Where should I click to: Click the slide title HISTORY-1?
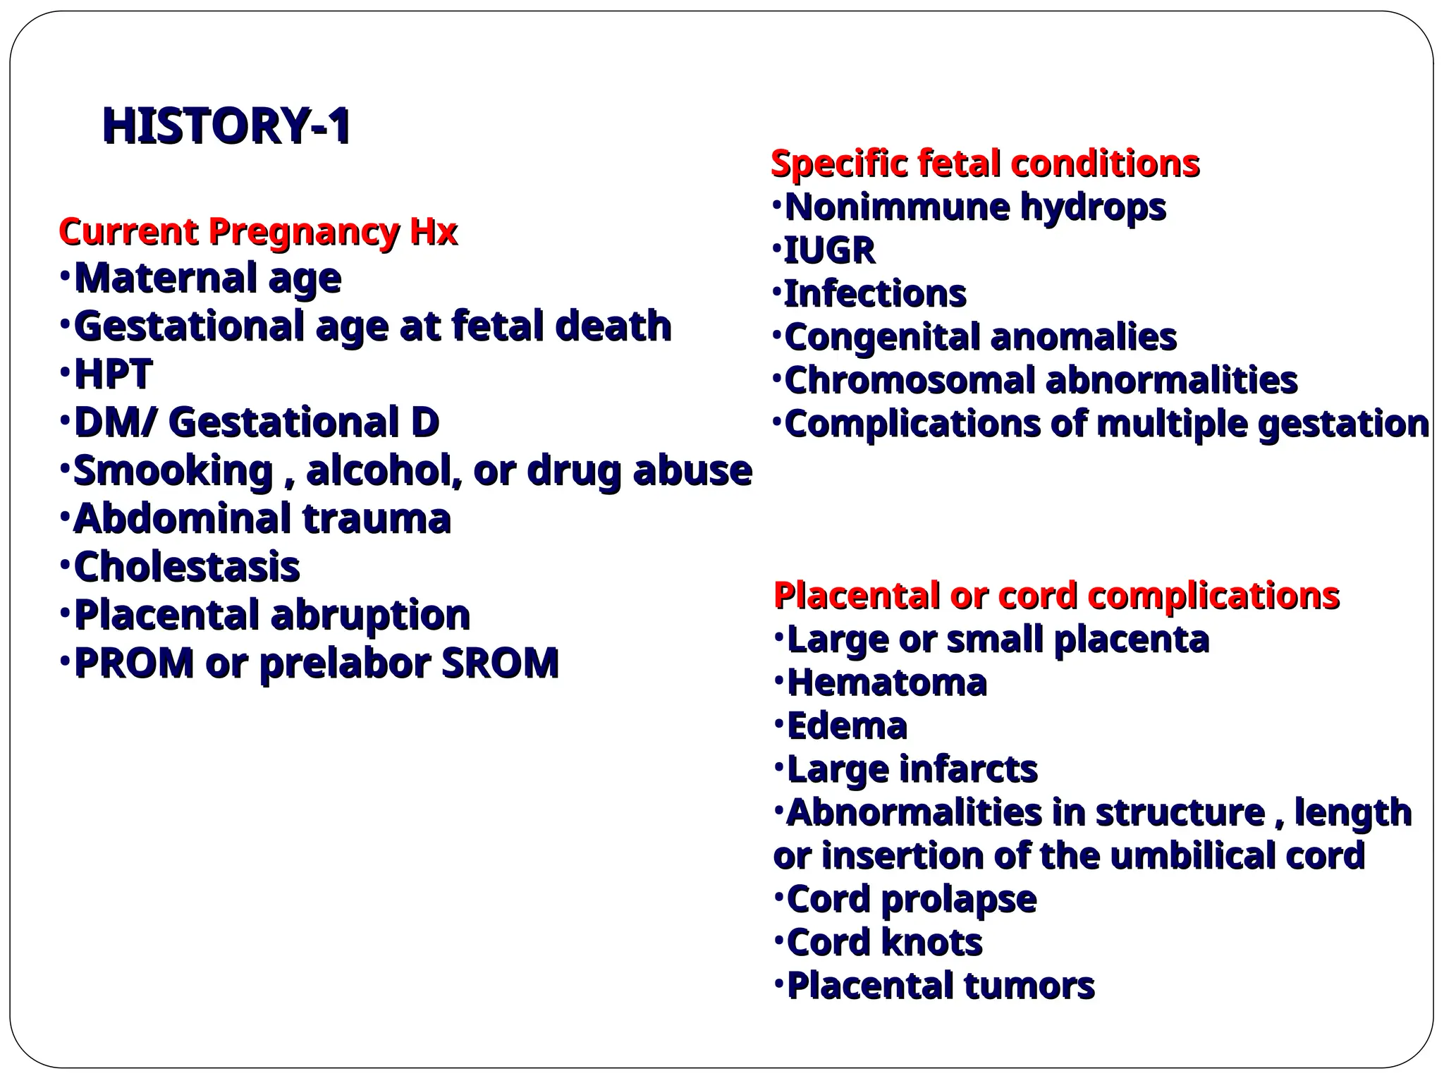point(226,126)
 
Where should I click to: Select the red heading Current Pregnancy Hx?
point(258,231)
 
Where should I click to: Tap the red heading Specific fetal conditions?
point(985,164)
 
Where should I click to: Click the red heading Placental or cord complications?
point(1056,595)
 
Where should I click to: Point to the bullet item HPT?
point(113,374)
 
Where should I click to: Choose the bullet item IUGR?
point(829,250)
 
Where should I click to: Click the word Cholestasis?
point(187,566)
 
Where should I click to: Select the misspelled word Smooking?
point(173,470)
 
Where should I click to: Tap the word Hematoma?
point(886,683)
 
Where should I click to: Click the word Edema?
point(847,726)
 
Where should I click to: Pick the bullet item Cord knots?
point(884,942)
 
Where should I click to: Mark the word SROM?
point(500,663)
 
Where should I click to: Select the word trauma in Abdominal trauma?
point(377,518)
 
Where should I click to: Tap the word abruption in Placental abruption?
point(371,615)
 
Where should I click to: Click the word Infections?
point(874,294)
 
